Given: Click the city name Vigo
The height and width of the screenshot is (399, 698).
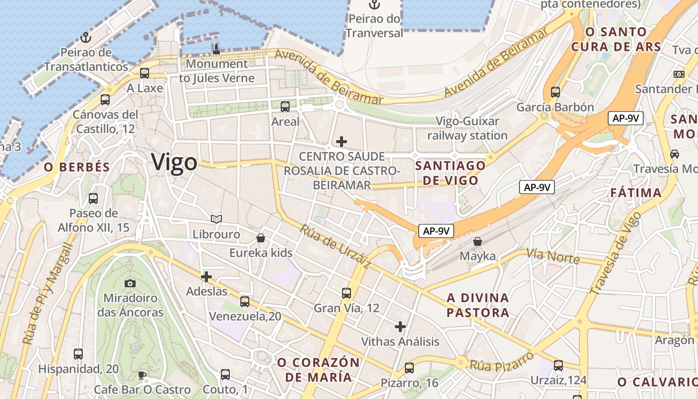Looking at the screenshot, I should tap(174, 163).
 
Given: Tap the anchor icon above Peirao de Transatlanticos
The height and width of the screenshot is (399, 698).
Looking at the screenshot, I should tap(86, 37).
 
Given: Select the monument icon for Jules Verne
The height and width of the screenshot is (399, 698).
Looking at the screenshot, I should tap(216, 49).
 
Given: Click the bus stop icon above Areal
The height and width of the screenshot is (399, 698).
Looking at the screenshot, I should tap(285, 106).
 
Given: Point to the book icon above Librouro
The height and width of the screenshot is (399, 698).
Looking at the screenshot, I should tap(216, 219).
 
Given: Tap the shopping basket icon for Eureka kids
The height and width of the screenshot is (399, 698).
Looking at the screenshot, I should tap(260, 238).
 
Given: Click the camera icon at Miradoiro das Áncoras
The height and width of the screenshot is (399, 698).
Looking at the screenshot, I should tap(130, 283).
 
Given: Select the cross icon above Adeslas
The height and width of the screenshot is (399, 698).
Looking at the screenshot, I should tap(206, 276).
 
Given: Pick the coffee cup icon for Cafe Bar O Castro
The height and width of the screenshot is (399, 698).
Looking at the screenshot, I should tap(142, 375).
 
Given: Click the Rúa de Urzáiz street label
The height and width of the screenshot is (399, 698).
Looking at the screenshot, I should tap(334, 247).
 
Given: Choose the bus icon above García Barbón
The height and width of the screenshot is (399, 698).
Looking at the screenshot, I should tap(555, 92).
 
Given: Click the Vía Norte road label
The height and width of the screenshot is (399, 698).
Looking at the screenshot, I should tap(554, 256).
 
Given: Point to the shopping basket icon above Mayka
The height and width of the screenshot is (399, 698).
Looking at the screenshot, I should tap(478, 241).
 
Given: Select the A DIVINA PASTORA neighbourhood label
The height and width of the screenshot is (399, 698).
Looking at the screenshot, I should tap(478, 305).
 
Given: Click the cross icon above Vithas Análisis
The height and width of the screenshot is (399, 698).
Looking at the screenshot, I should tap(400, 327).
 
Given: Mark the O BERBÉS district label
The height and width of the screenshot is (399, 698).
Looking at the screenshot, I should tap(77, 167).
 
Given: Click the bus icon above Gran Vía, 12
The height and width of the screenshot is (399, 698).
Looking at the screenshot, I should tap(347, 293).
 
